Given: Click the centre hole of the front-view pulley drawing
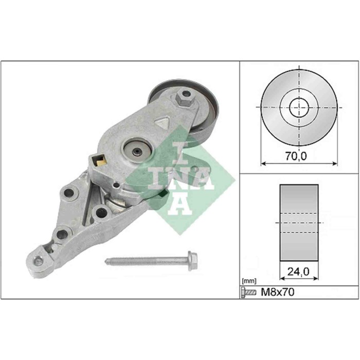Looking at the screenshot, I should click(x=298, y=108).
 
